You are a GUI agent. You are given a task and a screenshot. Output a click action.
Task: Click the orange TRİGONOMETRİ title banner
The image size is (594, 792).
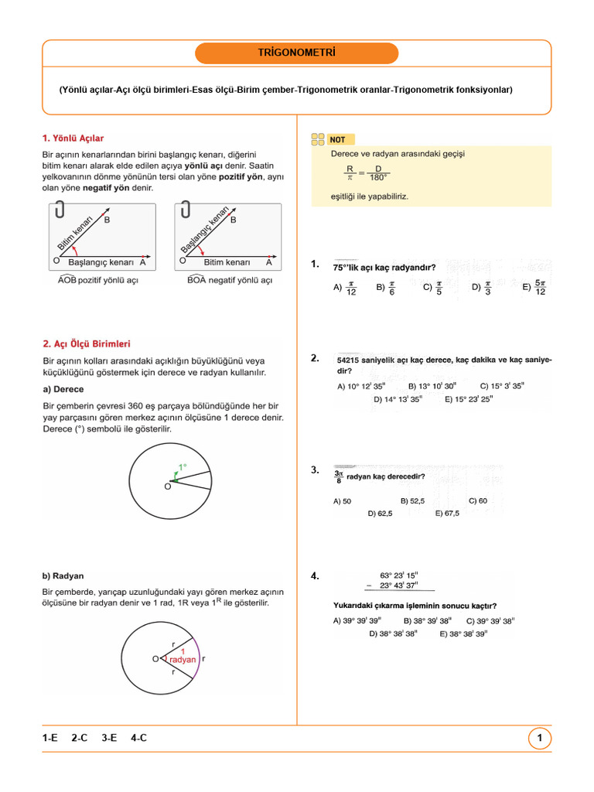297,53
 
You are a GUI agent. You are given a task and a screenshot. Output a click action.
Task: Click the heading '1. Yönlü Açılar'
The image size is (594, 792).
73,138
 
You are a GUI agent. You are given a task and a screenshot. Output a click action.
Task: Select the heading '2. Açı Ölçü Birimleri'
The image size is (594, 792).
87,343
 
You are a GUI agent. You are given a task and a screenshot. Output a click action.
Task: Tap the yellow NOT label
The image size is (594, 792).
338,140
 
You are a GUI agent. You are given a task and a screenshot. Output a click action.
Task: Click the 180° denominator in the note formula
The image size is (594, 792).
378,178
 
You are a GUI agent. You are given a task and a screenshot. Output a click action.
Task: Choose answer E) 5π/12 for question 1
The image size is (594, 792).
534,287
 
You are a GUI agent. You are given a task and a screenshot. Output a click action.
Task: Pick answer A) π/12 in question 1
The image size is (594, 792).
345,287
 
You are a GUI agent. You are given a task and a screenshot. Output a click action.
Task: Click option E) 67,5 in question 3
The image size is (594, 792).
447,513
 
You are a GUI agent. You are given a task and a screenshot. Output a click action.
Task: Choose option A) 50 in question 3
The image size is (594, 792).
342,501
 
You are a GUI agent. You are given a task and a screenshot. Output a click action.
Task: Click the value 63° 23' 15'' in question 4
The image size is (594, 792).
399,575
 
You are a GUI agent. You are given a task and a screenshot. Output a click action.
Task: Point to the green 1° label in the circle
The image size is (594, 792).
183,466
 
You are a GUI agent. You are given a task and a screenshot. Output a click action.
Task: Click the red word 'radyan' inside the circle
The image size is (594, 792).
183,660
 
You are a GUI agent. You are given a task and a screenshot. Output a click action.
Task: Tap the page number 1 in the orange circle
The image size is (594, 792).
539,739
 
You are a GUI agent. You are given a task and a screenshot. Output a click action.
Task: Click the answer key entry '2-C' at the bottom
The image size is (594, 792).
79,739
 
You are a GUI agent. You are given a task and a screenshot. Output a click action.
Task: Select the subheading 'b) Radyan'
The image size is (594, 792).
63,576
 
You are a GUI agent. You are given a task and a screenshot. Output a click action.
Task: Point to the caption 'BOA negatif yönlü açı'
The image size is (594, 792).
230,280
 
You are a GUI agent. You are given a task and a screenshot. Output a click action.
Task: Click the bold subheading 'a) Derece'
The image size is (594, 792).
63,389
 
